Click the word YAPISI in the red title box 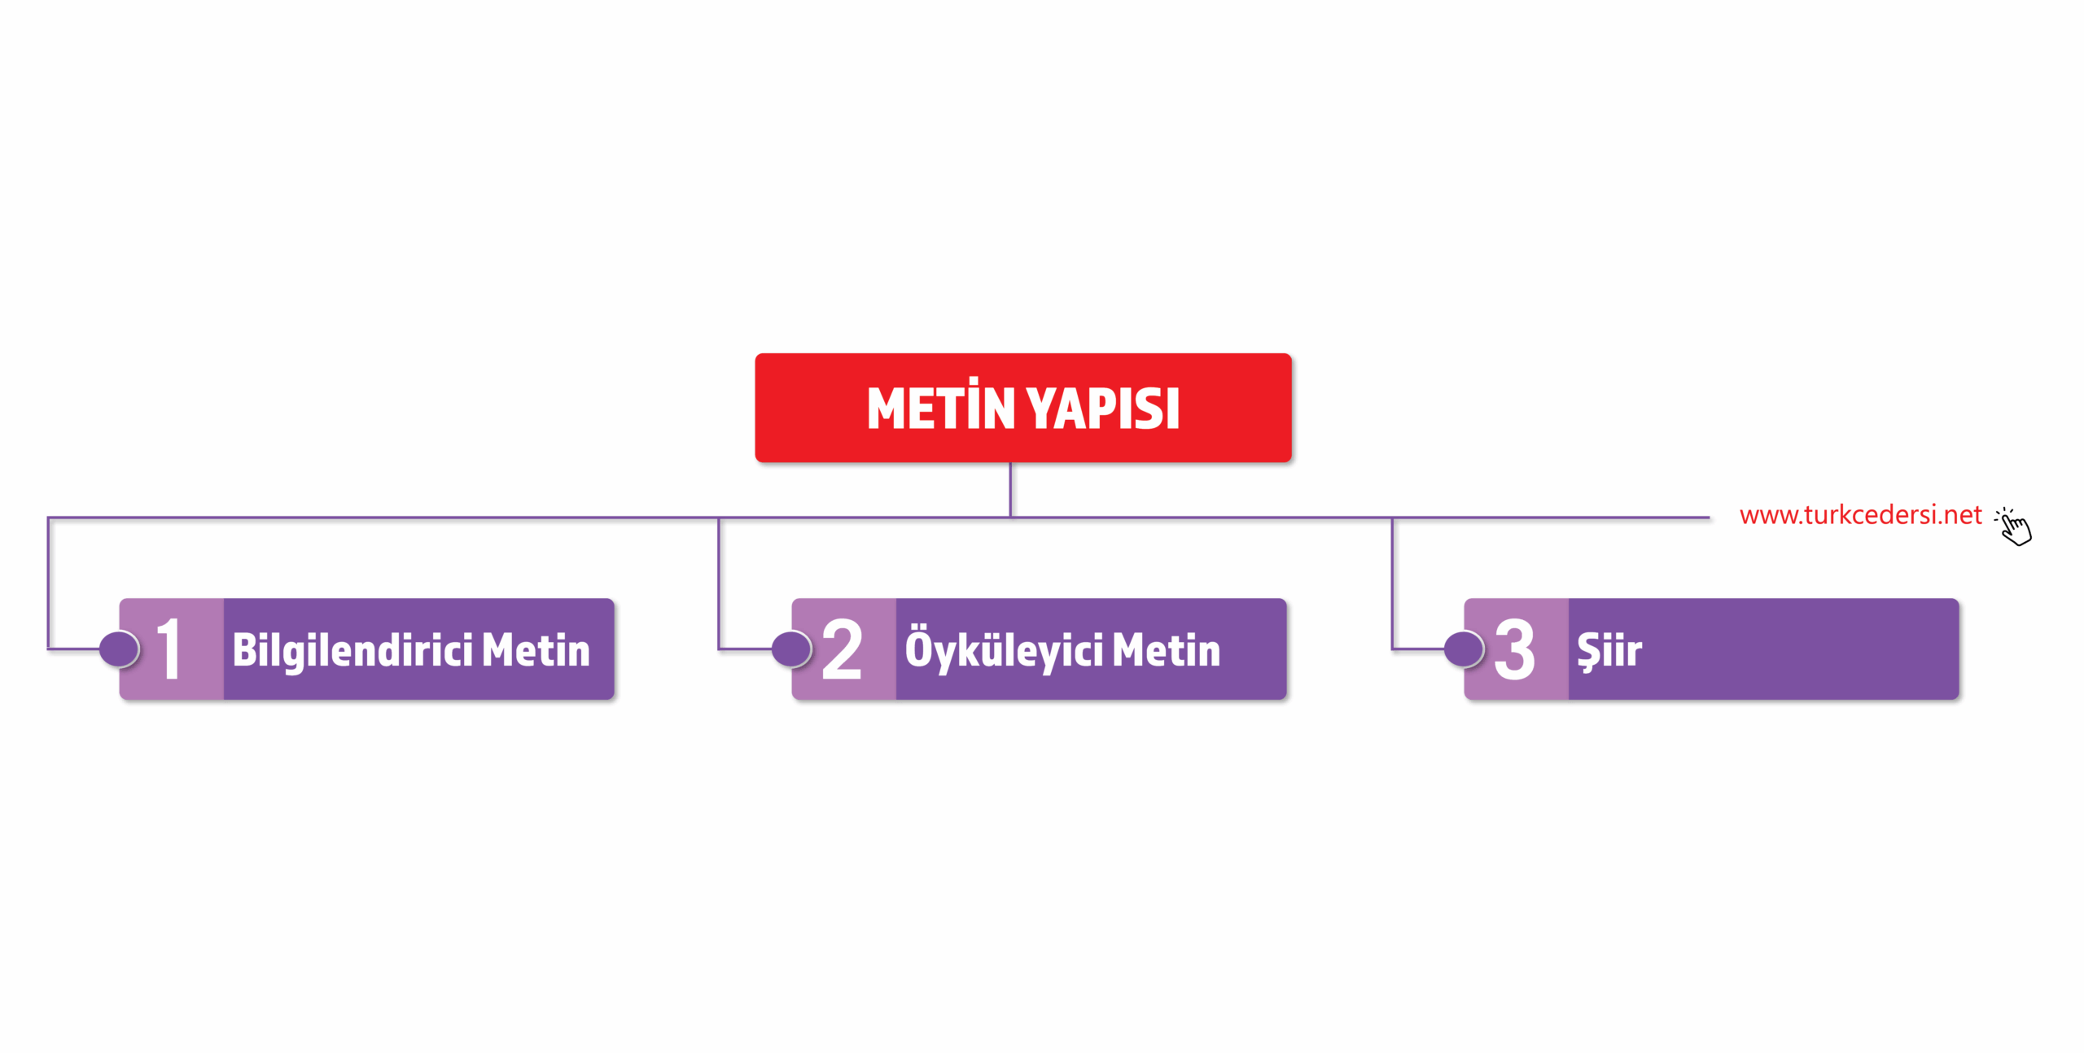1102,409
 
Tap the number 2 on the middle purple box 842,649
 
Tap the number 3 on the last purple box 1514,649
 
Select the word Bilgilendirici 352,651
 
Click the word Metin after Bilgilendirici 536,650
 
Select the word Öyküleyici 1005,649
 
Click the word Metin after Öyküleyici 1167,650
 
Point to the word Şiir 1609,652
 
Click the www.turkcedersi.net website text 1860,515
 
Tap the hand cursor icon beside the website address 2014,526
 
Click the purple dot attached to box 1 120,649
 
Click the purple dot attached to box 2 791,649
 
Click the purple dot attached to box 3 1464,649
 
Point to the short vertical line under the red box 1010,489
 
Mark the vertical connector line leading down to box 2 719,583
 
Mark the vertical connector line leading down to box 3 1392,583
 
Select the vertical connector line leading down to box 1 48,583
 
